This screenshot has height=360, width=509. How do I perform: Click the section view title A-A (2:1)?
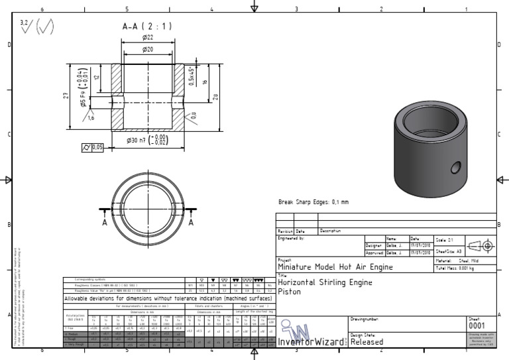point(146,27)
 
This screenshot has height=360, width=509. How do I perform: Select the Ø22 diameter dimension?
point(147,38)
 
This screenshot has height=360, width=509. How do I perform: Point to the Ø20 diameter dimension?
point(147,50)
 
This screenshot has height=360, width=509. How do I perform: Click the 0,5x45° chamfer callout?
point(192,76)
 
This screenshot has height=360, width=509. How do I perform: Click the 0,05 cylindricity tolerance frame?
point(93,147)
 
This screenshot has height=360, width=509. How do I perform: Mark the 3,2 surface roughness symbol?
point(25,25)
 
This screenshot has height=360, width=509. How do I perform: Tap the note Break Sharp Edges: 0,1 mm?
point(313,202)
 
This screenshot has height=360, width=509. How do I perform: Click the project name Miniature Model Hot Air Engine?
point(335,267)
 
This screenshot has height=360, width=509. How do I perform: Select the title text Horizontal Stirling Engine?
point(325,282)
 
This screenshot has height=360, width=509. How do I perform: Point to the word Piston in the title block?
point(290,291)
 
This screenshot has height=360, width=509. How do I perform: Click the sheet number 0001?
point(477,326)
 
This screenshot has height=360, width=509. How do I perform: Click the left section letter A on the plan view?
point(105,223)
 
